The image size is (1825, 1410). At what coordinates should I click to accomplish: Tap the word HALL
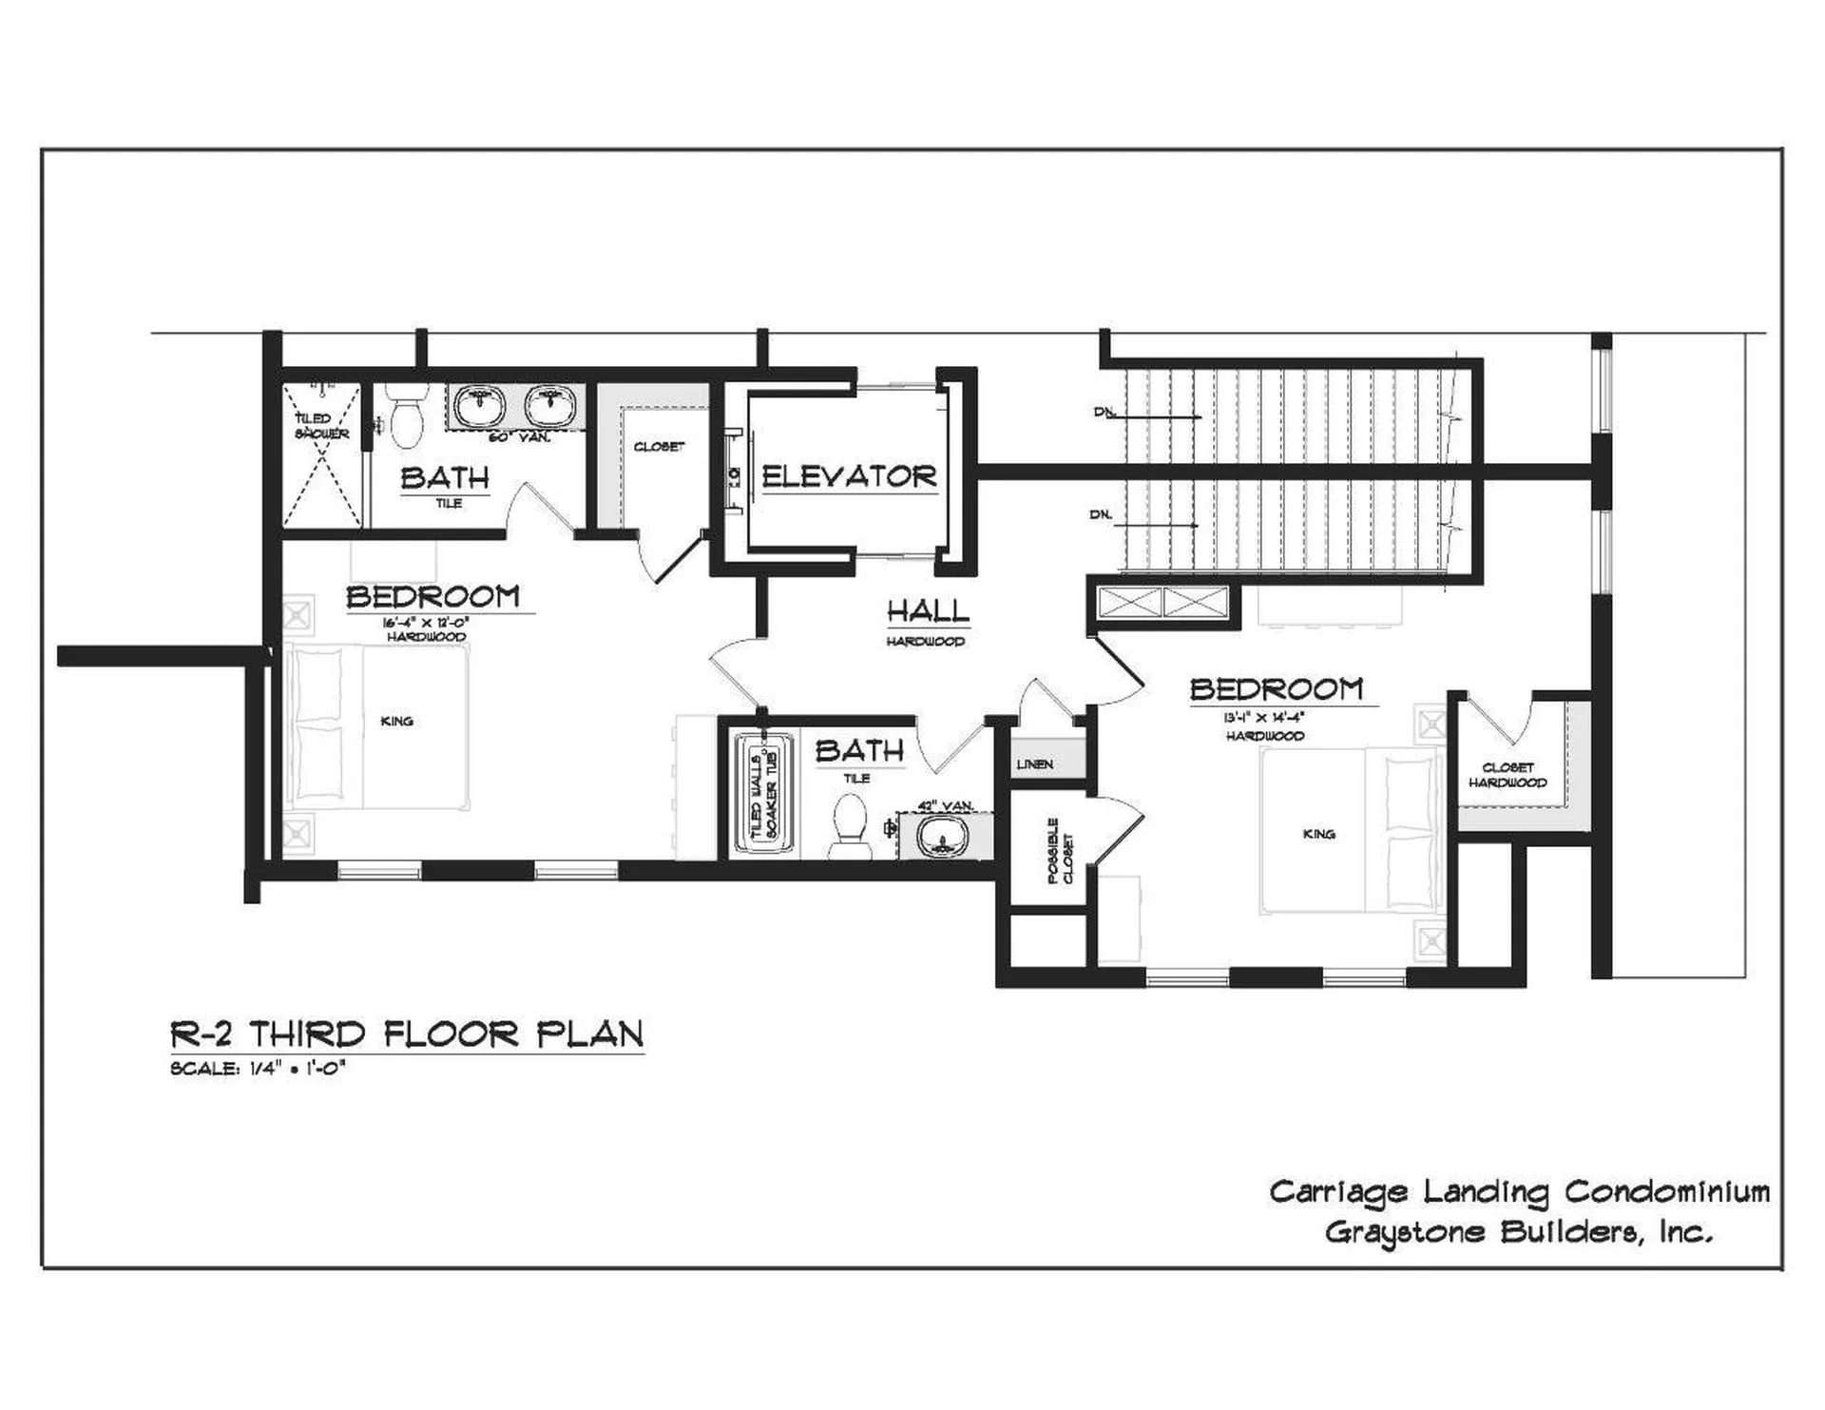tap(928, 611)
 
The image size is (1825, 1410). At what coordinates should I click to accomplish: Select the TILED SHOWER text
tap(320, 426)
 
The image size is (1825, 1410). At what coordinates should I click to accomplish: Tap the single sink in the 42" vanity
tap(942, 839)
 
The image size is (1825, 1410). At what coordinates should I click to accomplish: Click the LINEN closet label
tap(1034, 763)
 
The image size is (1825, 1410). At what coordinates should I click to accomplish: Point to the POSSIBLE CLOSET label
tap(1059, 851)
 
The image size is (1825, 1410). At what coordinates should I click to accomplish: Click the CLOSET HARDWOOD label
tap(1508, 775)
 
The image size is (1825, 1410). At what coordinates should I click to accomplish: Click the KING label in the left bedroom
tap(396, 721)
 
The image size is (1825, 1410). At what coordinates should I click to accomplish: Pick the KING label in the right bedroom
tap(1318, 834)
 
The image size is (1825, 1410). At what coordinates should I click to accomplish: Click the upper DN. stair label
tap(1104, 413)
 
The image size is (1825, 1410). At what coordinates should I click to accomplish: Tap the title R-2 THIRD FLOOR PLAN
tap(407, 1033)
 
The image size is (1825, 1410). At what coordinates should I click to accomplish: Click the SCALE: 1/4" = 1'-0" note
tap(257, 1068)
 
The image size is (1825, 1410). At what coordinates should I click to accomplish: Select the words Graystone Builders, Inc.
tap(1518, 1233)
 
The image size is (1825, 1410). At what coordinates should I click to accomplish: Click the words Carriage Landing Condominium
tap(1519, 1191)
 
